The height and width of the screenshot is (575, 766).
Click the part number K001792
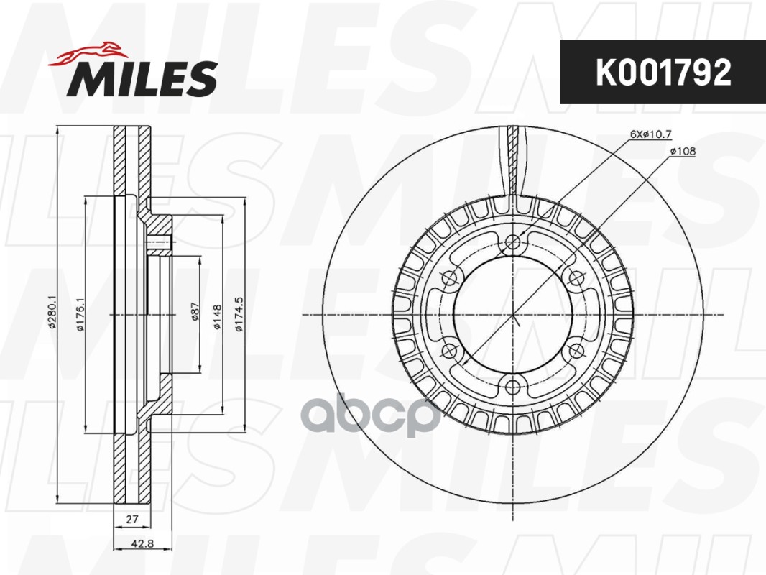click(x=663, y=72)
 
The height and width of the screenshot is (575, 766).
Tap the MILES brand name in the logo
click(x=142, y=78)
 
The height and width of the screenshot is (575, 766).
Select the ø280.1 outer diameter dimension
click(x=52, y=313)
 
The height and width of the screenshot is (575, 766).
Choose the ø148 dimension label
click(x=218, y=316)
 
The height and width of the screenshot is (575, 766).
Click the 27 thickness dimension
click(x=132, y=519)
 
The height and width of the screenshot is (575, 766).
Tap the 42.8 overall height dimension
click(x=143, y=543)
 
